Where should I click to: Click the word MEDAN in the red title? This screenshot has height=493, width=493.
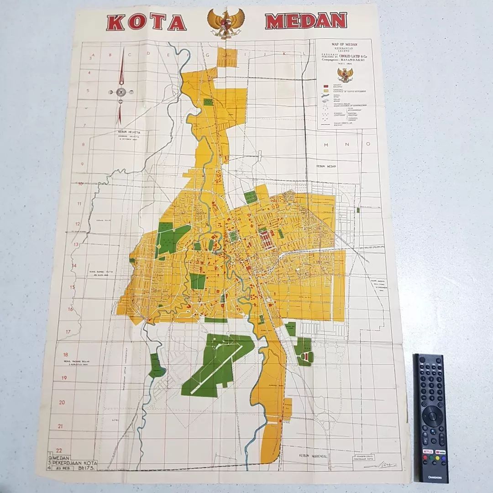coord(306,21)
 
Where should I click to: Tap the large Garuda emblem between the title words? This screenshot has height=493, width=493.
coord(226,24)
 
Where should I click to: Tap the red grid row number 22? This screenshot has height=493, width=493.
coord(59,450)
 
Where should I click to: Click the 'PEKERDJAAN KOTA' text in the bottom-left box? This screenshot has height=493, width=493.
coord(75,462)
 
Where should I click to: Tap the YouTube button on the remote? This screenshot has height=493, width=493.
coord(441,451)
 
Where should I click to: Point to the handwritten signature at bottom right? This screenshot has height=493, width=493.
coord(381,464)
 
